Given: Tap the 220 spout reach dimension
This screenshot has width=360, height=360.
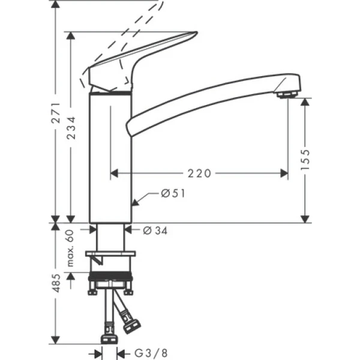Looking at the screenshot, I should [x=199, y=173].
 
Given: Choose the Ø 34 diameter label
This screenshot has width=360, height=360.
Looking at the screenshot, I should [x=155, y=229].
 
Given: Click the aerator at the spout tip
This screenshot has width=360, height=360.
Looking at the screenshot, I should [x=287, y=95].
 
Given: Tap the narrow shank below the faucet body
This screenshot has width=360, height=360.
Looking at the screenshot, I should [x=112, y=237].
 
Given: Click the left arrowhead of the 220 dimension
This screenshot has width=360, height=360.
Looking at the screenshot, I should [x=115, y=173].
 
